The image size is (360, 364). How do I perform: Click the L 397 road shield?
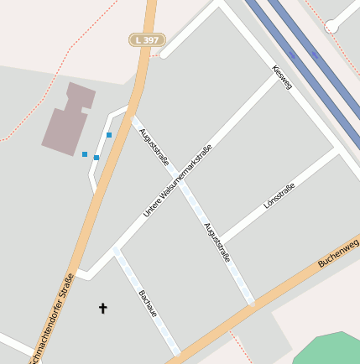pos(148,39)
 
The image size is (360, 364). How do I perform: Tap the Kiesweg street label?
pos(282,78)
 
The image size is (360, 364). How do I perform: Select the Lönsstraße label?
pos(279,195)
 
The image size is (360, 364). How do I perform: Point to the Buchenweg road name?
pos(338,252)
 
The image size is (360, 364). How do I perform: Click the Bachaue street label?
pos(148,304)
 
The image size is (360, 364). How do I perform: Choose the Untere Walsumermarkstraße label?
pos(177,181)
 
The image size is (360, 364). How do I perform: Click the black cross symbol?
pos(103,308)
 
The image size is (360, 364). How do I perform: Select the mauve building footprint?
pos(69,118)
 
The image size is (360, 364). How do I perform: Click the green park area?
pos(327,348)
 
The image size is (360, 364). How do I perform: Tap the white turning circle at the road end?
pos(331,26)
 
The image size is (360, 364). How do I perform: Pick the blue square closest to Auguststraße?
pos(109,134)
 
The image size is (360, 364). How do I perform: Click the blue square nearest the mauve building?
pos(84,153)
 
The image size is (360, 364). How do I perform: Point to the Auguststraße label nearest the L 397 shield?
pos(154,146)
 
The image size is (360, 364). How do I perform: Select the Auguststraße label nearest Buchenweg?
pos(217,243)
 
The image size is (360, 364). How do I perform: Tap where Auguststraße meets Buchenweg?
pos(252,304)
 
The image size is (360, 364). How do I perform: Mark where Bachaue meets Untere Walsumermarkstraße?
pos(116,250)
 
